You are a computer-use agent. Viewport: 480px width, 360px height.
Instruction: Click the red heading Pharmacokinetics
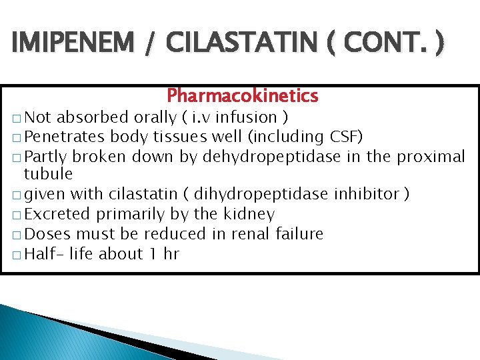(x=243, y=96)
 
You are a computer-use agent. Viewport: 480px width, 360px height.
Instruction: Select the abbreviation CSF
(x=346, y=137)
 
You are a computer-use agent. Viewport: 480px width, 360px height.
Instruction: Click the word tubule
(x=48, y=175)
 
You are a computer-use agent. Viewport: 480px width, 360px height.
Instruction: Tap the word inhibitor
(x=374, y=194)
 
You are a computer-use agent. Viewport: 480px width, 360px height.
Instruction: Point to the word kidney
(x=251, y=215)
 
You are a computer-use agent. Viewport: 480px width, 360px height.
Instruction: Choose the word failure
(x=297, y=234)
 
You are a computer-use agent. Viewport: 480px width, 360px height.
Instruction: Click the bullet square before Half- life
(x=17, y=254)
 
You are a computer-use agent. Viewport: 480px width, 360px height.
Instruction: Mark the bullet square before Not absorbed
(x=17, y=119)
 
